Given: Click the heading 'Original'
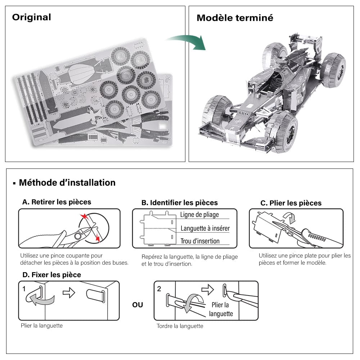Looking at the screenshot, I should click(x=32, y=17).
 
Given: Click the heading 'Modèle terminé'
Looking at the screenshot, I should click(x=235, y=18).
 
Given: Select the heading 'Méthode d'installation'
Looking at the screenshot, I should click(x=67, y=183).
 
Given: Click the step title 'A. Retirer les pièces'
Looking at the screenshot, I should click(x=57, y=202).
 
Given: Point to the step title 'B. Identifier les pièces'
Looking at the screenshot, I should click(x=179, y=203).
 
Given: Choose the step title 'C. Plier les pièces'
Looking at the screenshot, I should click(x=291, y=203).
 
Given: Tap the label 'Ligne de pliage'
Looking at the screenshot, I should click(x=199, y=215).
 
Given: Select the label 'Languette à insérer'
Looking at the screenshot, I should click(x=205, y=228).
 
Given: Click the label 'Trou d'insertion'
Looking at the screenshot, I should click(x=200, y=241).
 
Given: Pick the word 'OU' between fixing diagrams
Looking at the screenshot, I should click(x=138, y=305).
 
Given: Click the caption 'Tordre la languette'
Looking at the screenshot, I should click(x=180, y=326).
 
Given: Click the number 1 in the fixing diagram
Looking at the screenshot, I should click(x=24, y=289).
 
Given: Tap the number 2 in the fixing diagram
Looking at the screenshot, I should click(x=159, y=289).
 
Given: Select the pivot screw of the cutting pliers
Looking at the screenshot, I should click(x=77, y=236).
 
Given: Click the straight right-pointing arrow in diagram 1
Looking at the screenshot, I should click(x=69, y=293).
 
